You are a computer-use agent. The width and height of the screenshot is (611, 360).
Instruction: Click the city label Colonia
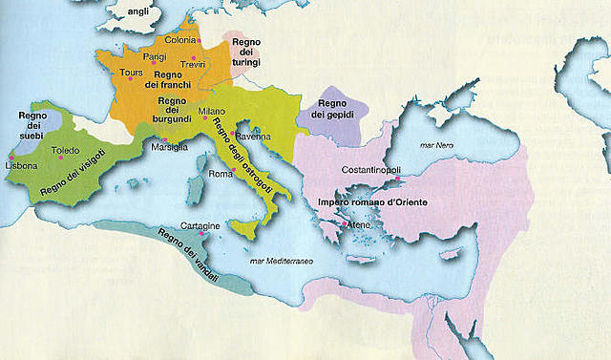coord(181,40)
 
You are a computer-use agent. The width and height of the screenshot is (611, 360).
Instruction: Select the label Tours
coord(132,74)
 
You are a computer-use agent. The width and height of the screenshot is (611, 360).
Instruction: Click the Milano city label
coord(212,112)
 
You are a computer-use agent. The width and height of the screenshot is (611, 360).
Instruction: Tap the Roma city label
coord(221,174)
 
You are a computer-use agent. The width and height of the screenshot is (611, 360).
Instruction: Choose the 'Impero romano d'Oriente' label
coord(367,202)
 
